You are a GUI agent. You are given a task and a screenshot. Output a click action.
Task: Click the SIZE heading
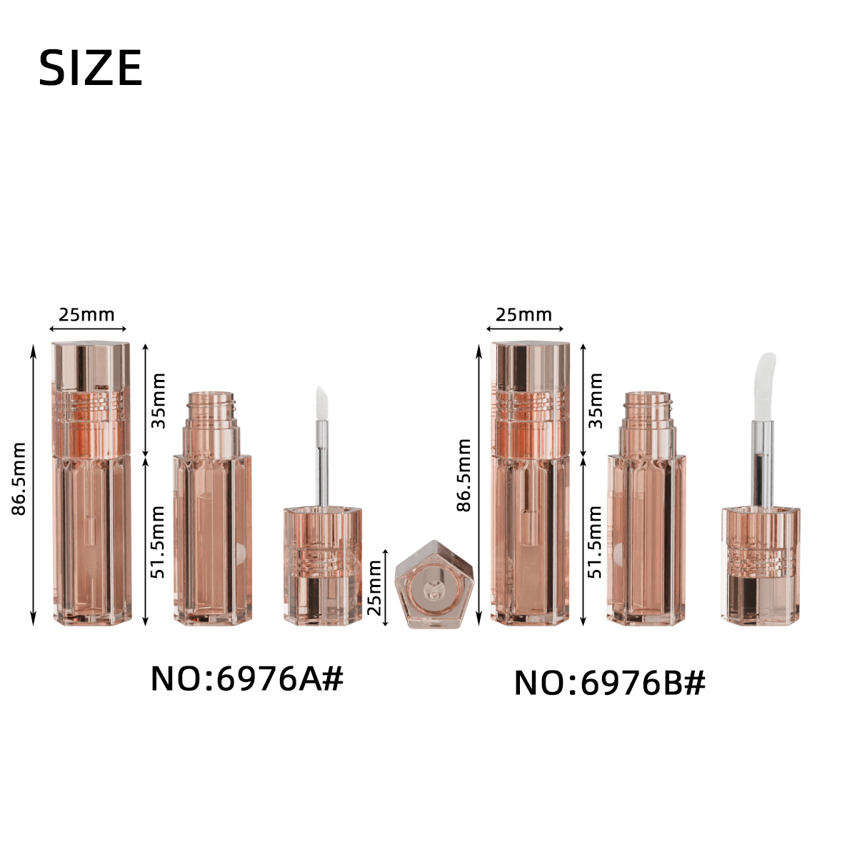(90, 68)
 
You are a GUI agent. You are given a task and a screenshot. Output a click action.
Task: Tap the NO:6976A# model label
(247, 678)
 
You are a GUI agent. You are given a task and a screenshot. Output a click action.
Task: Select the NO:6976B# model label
(610, 683)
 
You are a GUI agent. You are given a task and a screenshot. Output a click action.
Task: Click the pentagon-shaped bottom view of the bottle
(433, 584)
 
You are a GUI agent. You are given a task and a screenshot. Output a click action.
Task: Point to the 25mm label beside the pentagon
(374, 587)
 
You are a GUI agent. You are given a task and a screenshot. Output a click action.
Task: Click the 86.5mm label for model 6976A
(19, 478)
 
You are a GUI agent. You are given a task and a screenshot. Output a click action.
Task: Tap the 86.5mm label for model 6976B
(464, 475)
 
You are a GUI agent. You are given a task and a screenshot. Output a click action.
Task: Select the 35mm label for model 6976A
(159, 401)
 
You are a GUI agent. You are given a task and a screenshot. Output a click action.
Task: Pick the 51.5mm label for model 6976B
(595, 541)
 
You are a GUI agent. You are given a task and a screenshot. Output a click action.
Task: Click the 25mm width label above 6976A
(86, 315)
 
